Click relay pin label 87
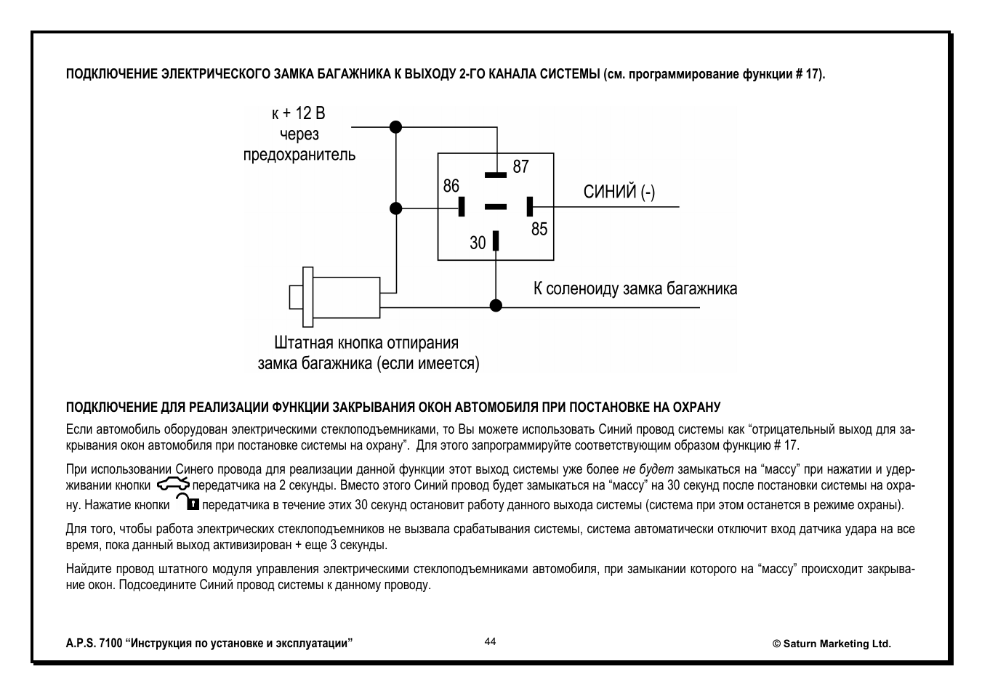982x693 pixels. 520,166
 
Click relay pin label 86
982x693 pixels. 451,186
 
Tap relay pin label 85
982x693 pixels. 539,230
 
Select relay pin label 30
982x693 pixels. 478,243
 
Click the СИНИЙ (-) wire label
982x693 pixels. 619,192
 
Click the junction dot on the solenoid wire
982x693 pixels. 496,306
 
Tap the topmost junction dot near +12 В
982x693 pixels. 395,126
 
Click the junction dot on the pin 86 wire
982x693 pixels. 395,208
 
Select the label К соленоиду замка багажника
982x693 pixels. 635,289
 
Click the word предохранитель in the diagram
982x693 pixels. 299,154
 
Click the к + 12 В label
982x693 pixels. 298,113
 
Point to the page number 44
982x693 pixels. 490,641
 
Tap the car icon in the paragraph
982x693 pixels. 172,485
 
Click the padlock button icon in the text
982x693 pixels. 186,503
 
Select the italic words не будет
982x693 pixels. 648,469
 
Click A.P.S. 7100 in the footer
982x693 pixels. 94,644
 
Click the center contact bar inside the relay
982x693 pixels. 495,207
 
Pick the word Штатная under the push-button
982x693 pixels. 303,343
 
